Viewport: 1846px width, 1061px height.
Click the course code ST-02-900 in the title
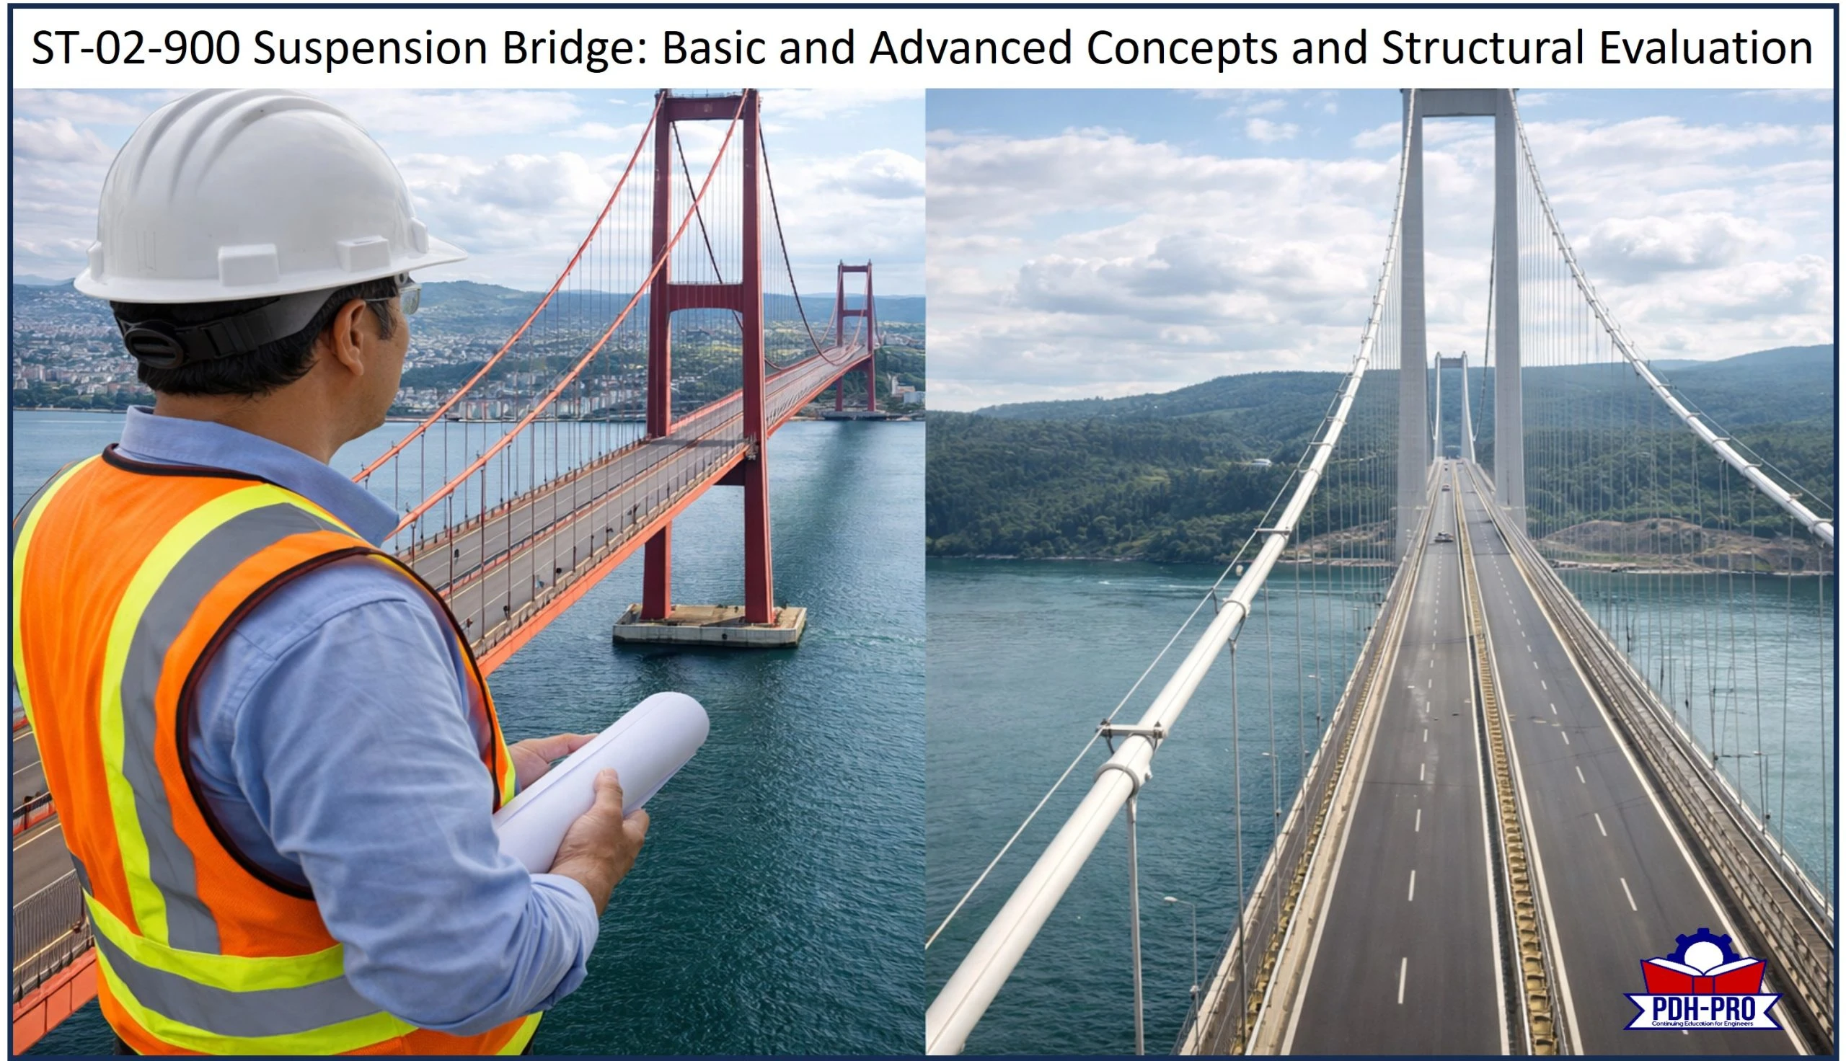pyautogui.click(x=135, y=48)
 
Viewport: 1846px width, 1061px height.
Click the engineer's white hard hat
pyautogui.click(x=262, y=197)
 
